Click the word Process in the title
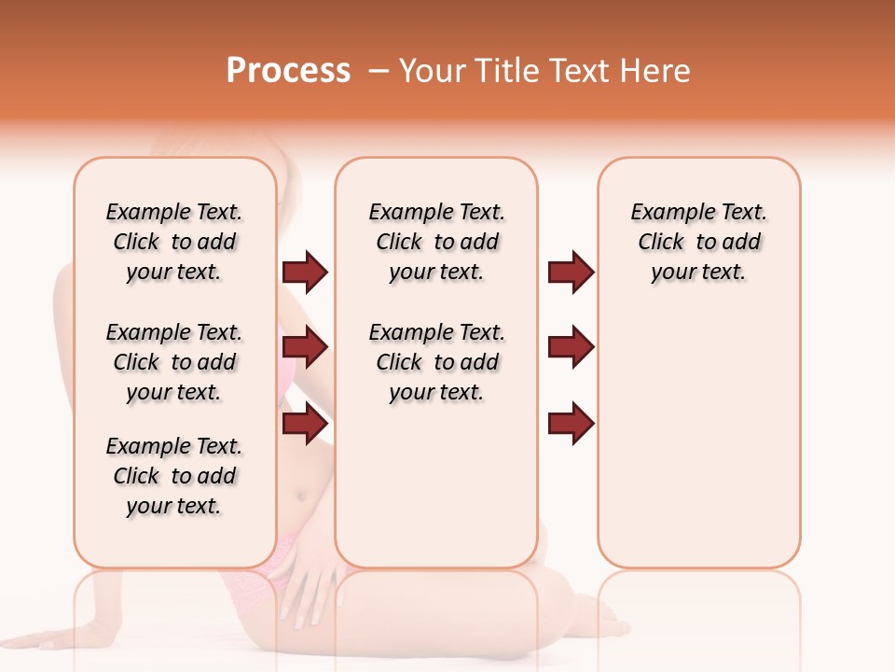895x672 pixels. tap(288, 71)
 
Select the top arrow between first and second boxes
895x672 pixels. tap(305, 273)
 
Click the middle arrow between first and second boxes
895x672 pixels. tap(305, 348)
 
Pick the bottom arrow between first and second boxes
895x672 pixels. tap(305, 424)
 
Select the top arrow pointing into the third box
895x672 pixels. tap(571, 273)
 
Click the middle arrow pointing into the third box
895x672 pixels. tap(571, 348)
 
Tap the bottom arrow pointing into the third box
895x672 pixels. tap(571, 424)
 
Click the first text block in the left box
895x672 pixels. tap(174, 242)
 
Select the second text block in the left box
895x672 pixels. tap(174, 362)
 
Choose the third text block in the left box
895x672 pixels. tap(174, 476)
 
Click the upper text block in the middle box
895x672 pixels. tap(436, 242)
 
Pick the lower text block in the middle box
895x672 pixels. tap(436, 362)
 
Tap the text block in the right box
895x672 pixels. tap(699, 242)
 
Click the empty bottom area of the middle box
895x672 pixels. tap(436, 495)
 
